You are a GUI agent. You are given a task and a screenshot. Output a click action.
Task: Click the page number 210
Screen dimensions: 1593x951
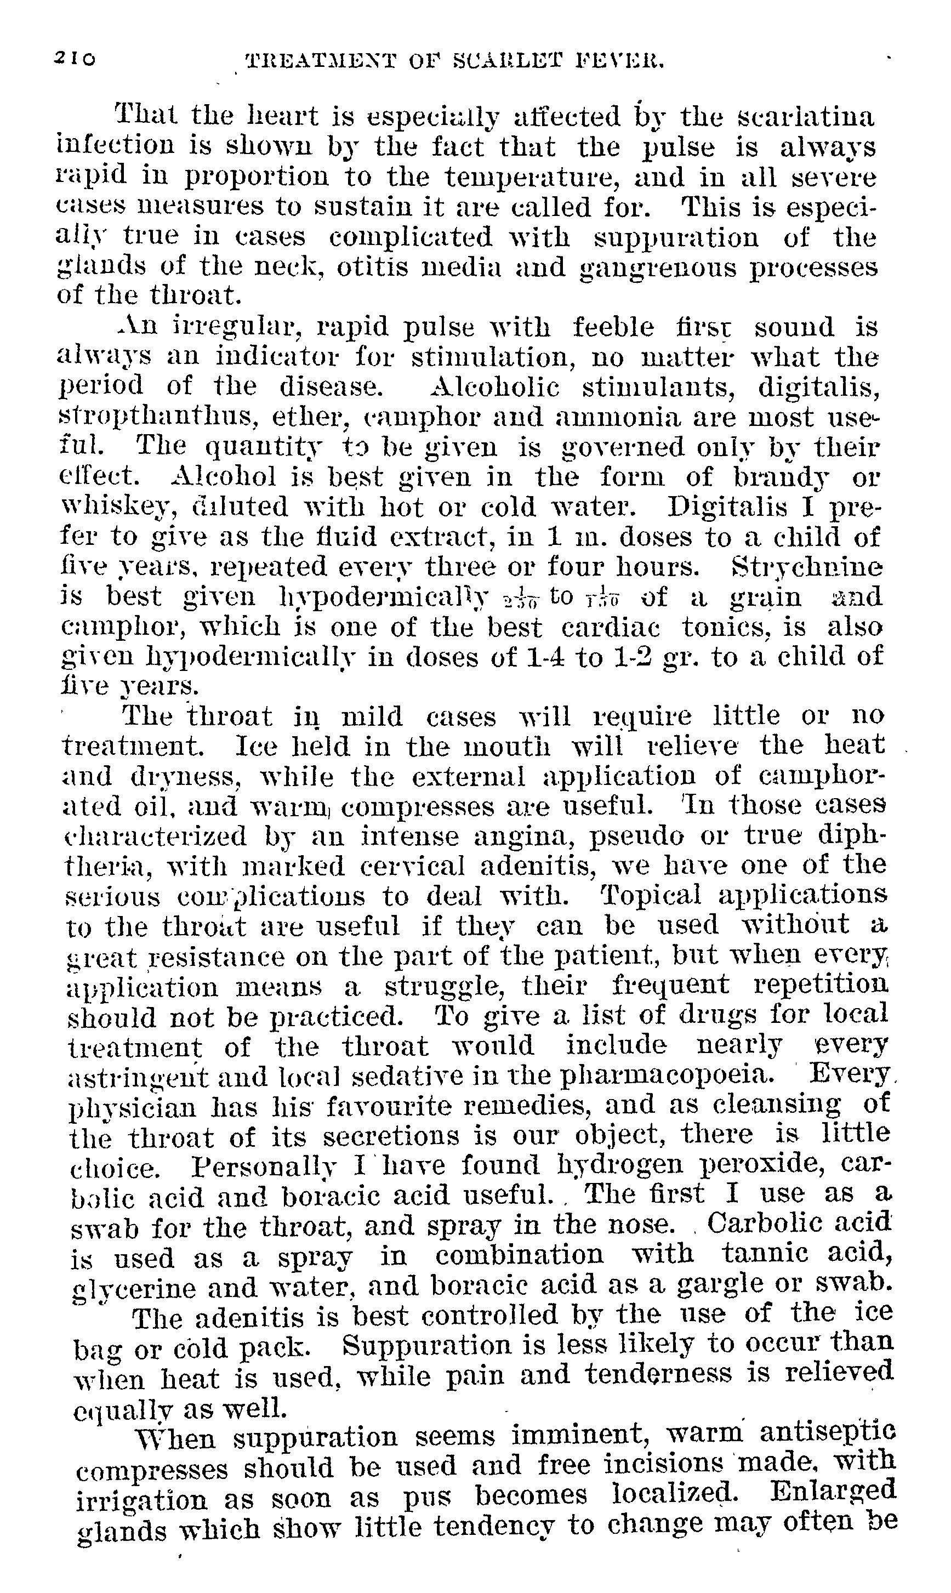(75, 59)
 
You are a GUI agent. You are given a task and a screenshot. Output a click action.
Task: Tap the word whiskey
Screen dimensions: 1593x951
(118, 508)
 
